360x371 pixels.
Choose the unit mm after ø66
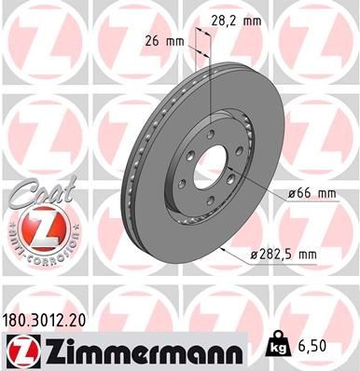(x=323, y=193)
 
